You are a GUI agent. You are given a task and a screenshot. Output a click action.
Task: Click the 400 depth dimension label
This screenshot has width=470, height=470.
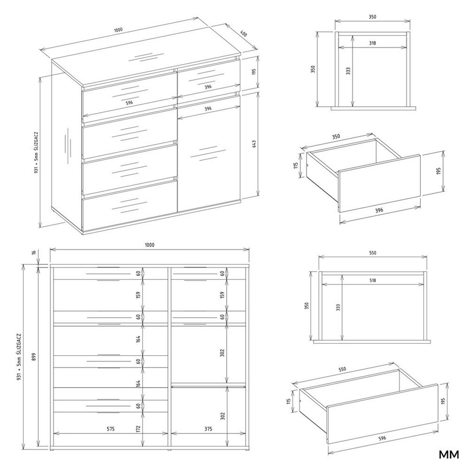(x=243, y=34)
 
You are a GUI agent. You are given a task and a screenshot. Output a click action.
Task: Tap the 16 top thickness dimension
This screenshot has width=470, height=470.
(x=33, y=253)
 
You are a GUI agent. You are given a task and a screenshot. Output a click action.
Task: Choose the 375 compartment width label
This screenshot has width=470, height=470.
(x=208, y=429)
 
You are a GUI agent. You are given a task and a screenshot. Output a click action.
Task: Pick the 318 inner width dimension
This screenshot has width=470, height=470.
(x=372, y=43)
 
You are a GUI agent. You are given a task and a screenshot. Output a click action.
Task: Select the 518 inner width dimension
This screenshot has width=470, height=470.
(x=372, y=280)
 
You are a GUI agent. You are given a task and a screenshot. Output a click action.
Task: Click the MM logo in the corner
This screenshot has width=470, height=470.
(x=448, y=456)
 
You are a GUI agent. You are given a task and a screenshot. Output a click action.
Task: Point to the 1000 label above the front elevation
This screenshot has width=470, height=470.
(x=150, y=245)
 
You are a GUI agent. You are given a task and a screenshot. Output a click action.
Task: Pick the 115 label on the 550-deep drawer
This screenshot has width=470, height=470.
(x=289, y=401)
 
